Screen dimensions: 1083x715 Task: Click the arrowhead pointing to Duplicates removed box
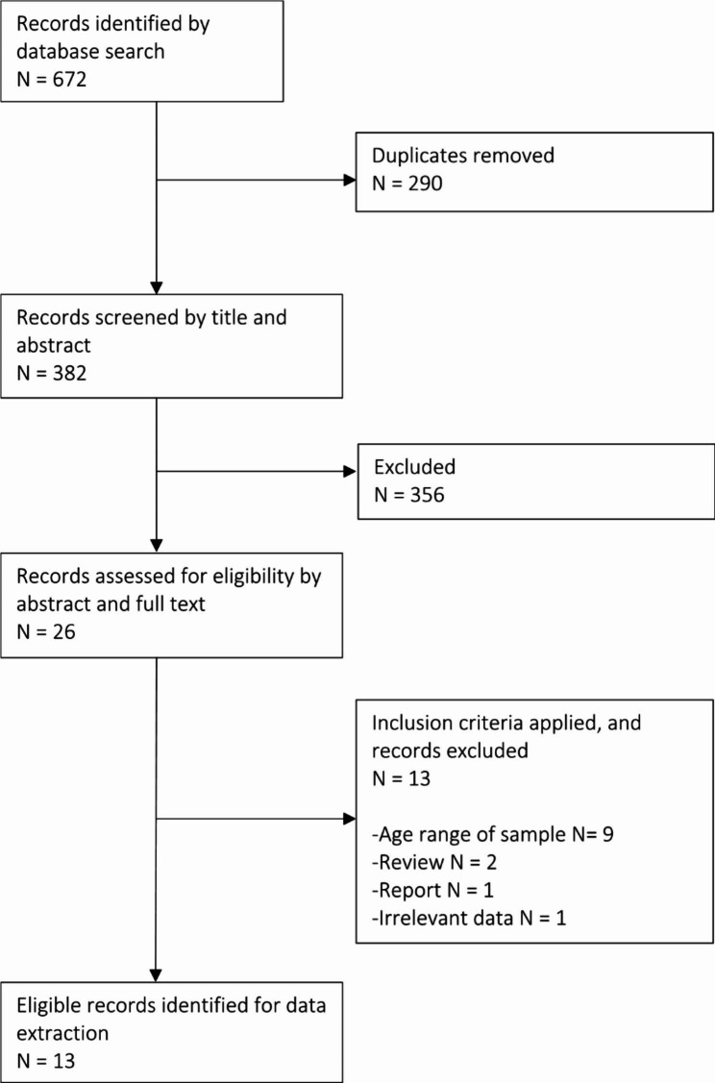click(348, 180)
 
